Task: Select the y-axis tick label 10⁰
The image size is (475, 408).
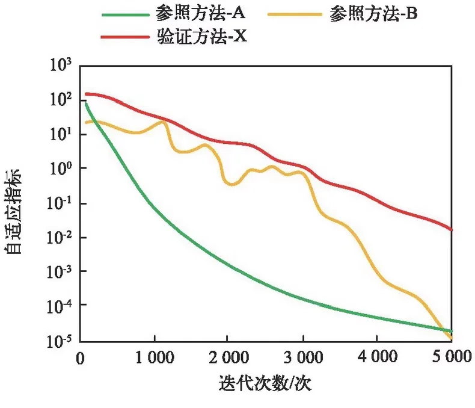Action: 60,168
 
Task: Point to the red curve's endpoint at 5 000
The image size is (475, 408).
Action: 451,230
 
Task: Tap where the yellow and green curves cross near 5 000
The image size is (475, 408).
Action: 447,330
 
